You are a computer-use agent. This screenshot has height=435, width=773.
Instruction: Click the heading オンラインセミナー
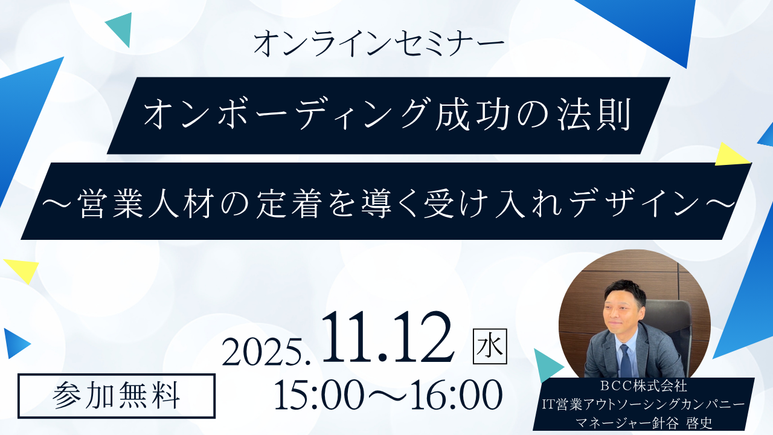pos(379,44)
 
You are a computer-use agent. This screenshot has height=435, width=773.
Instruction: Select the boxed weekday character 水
pos(490,347)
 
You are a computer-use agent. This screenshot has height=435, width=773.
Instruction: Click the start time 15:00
pos(315,395)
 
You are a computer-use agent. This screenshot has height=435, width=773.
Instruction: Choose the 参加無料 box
pos(117,396)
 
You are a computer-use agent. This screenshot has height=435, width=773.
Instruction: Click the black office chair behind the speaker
pos(669,332)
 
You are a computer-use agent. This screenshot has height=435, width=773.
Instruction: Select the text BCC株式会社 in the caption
pos(643,386)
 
